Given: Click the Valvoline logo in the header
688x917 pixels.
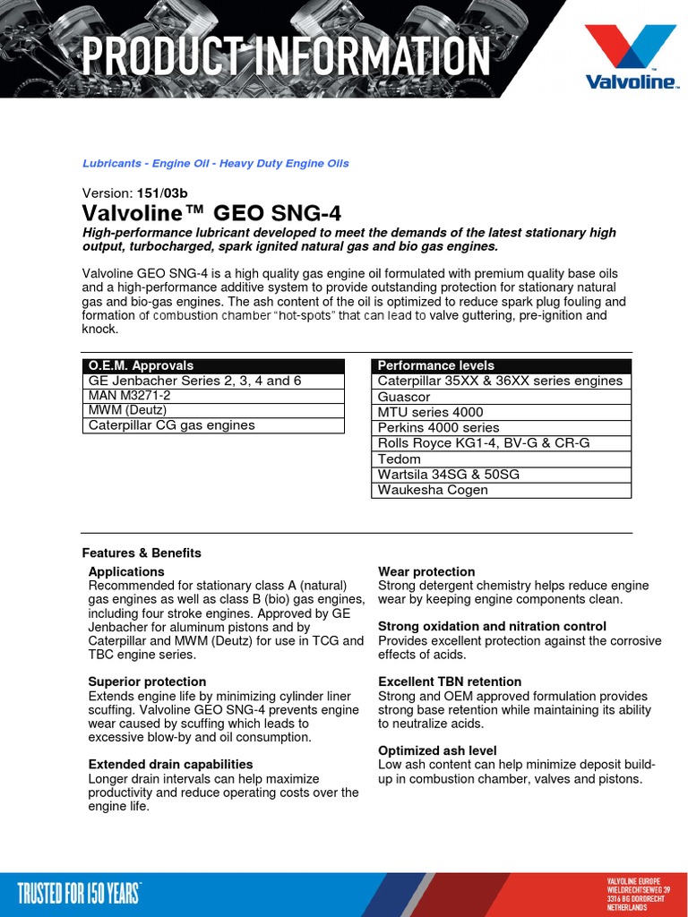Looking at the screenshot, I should click(x=631, y=56).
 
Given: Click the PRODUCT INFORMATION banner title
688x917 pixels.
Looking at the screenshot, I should click(x=286, y=56).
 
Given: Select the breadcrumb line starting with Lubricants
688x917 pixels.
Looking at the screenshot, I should click(x=215, y=164).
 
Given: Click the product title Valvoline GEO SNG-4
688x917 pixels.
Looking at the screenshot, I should click(x=211, y=213).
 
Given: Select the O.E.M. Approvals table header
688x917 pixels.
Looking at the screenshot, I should click(x=212, y=365).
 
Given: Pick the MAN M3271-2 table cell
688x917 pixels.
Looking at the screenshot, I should click(x=212, y=396).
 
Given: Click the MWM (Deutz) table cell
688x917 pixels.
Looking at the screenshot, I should click(x=212, y=411).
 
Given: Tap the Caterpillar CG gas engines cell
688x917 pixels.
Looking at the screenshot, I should click(x=212, y=426).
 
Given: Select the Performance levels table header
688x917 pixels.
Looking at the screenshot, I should click(x=502, y=365).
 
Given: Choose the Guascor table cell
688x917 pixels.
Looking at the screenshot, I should click(x=502, y=397).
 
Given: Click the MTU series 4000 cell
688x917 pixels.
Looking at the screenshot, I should click(x=502, y=412).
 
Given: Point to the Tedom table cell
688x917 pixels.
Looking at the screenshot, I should click(x=502, y=458).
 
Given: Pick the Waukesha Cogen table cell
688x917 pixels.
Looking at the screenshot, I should click(x=502, y=490).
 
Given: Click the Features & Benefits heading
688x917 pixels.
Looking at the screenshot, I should click(x=142, y=553).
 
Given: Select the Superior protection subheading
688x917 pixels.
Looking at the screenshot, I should click(x=147, y=681).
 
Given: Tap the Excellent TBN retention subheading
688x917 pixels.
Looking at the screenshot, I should click(x=450, y=681).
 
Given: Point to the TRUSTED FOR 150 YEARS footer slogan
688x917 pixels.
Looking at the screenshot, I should click(x=80, y=893).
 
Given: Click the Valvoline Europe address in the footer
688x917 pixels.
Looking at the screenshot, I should click(x=638, y=894).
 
